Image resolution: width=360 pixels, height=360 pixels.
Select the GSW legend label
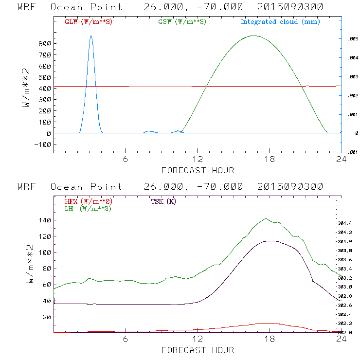click(x=182, y=22)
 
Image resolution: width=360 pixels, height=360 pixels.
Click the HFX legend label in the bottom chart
click(x=88, y=201)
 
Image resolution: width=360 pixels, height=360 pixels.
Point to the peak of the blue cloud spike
click(x=90, y=36)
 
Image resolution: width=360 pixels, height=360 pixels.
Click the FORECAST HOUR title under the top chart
click(x=198, y=170)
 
